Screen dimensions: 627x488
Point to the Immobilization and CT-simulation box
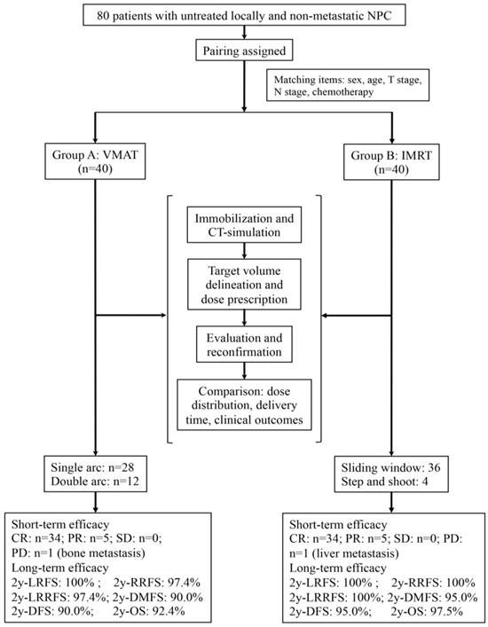[243, 226]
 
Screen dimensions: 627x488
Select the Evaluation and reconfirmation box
[243, 345]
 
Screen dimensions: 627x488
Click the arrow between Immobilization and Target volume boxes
[243, 253]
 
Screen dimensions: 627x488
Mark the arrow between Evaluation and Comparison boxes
[243, 371]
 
